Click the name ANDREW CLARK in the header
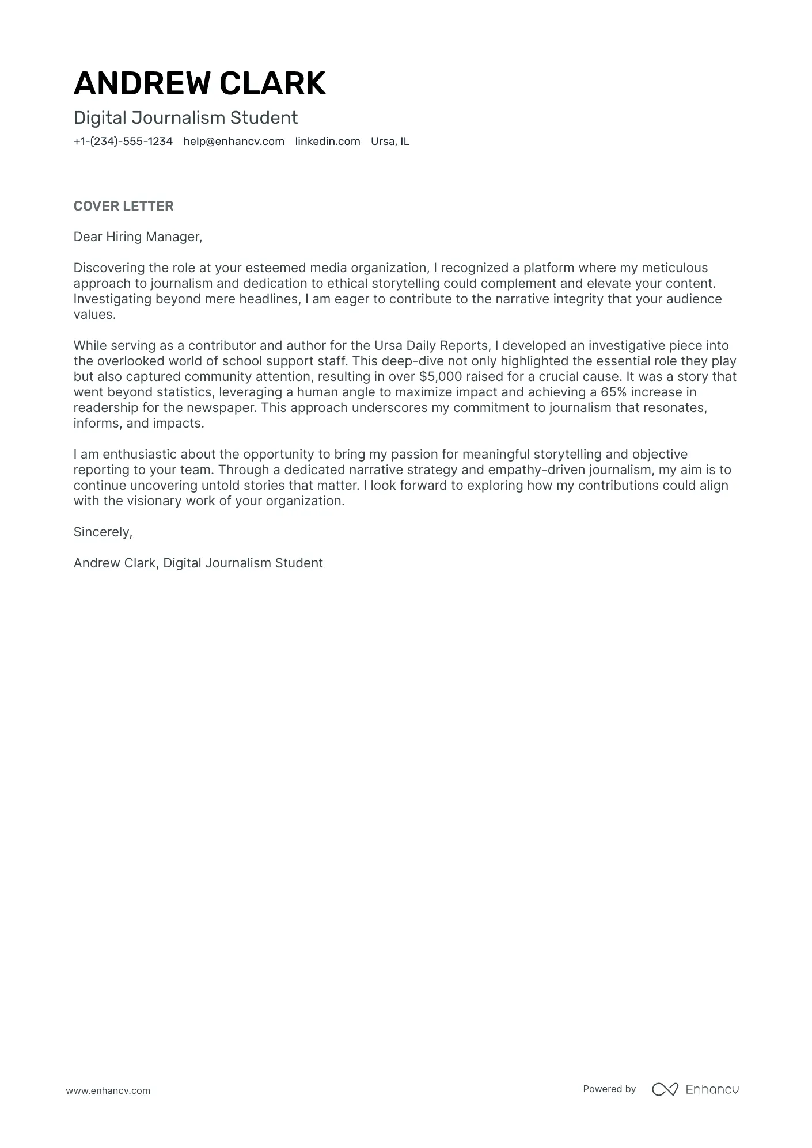(x=199, y=83)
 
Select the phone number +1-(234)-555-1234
(x=123, y=142)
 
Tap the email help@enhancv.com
(x=234, y=142)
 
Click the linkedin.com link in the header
(x=327, y=142)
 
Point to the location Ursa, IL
(x=390, y=142)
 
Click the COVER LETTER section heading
(x=123, y=206)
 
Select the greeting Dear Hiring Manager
(x=138, y=237)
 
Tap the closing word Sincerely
(x=103, y=532)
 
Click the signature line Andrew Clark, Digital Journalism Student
(x=198, y=563)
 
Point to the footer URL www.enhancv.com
(x=108, y=1090)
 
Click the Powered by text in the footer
(x=609, y=1089)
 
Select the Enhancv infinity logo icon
(x=665, y=1089)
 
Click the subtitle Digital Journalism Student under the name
(x=185, y=118)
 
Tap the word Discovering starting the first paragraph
(x=109, y=268)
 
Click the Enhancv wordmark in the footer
(x=712, y=1089)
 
